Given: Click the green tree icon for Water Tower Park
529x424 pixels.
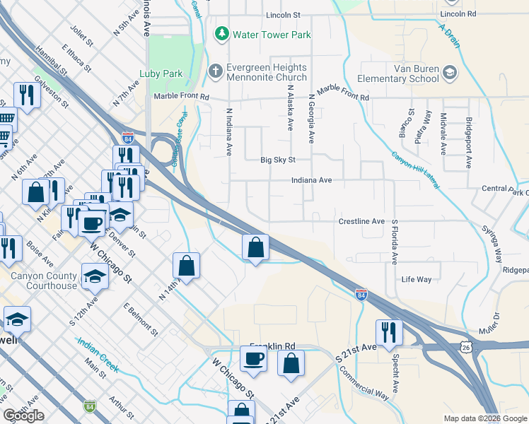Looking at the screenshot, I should pos(222,33).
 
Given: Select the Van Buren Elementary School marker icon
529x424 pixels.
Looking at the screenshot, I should pos(449,72).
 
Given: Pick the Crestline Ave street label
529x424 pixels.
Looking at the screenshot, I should pos(361,221).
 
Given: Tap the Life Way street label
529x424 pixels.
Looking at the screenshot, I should pos(416,280).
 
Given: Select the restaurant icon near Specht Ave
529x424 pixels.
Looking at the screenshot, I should pos(389,330).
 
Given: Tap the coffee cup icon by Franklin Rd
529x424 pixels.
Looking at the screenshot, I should pos(253,358).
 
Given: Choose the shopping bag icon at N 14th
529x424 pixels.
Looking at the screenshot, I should pos(186,266).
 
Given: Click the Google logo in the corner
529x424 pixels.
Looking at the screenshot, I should pos(23,416).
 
